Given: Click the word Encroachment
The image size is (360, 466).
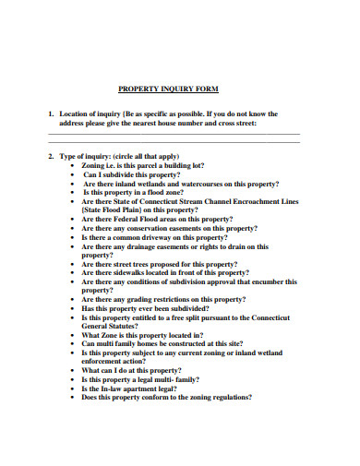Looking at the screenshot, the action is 245,201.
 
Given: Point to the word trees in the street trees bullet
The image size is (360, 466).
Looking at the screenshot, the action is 145,264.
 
